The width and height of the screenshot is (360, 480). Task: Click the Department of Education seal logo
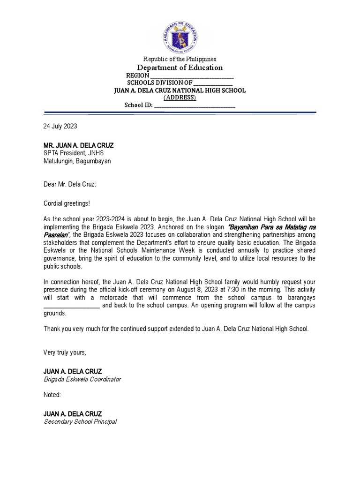click(180, 37)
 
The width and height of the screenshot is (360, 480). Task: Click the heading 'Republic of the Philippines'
click(180, 59)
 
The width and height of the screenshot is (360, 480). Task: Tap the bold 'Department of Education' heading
click(180, 67)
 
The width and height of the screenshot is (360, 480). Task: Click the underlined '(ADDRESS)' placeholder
click(180, 97)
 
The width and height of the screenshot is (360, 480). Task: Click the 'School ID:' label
click(138, 105)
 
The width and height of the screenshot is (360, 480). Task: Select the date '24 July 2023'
click(60, 126)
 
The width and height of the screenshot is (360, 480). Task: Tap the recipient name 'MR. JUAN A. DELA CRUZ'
click(78, 145)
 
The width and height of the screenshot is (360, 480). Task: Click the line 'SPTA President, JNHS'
click(73, 153)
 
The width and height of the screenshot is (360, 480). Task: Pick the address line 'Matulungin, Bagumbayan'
click(77, 161)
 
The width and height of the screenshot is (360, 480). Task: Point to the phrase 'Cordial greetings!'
click(66, 204)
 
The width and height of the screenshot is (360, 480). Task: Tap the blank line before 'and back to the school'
click(71, 306)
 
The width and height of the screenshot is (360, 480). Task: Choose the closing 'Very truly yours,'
click(65, 352)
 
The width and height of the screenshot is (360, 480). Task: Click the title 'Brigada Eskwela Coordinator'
click(82, 379)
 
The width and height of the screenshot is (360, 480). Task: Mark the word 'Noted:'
click(52, 395)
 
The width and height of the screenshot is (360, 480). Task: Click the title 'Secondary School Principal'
click(80, 421)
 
